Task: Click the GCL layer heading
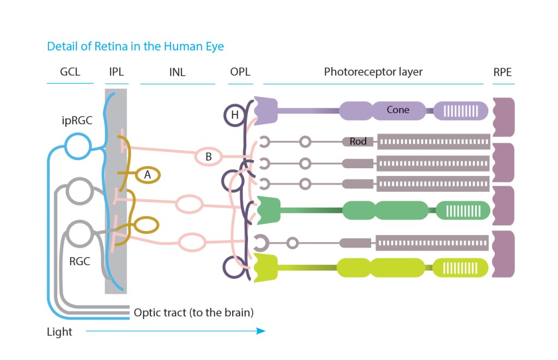[70, 72]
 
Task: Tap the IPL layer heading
[117, 72]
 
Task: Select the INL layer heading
[178, 72]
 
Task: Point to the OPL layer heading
[240, 72]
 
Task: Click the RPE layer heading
[502, 72]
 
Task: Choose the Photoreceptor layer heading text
[373, 72]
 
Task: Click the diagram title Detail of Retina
[135, 46]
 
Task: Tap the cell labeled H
[235, 115]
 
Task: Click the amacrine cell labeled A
[147, 175]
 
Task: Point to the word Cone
[398, 110]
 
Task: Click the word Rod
[358, 142]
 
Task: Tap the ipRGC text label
[77, 120]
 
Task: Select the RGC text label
[80, 261]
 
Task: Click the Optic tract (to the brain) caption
[193, 313]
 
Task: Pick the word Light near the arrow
[59, 332]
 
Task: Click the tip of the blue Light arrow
[264, 331]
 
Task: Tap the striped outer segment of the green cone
[463, 211]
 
